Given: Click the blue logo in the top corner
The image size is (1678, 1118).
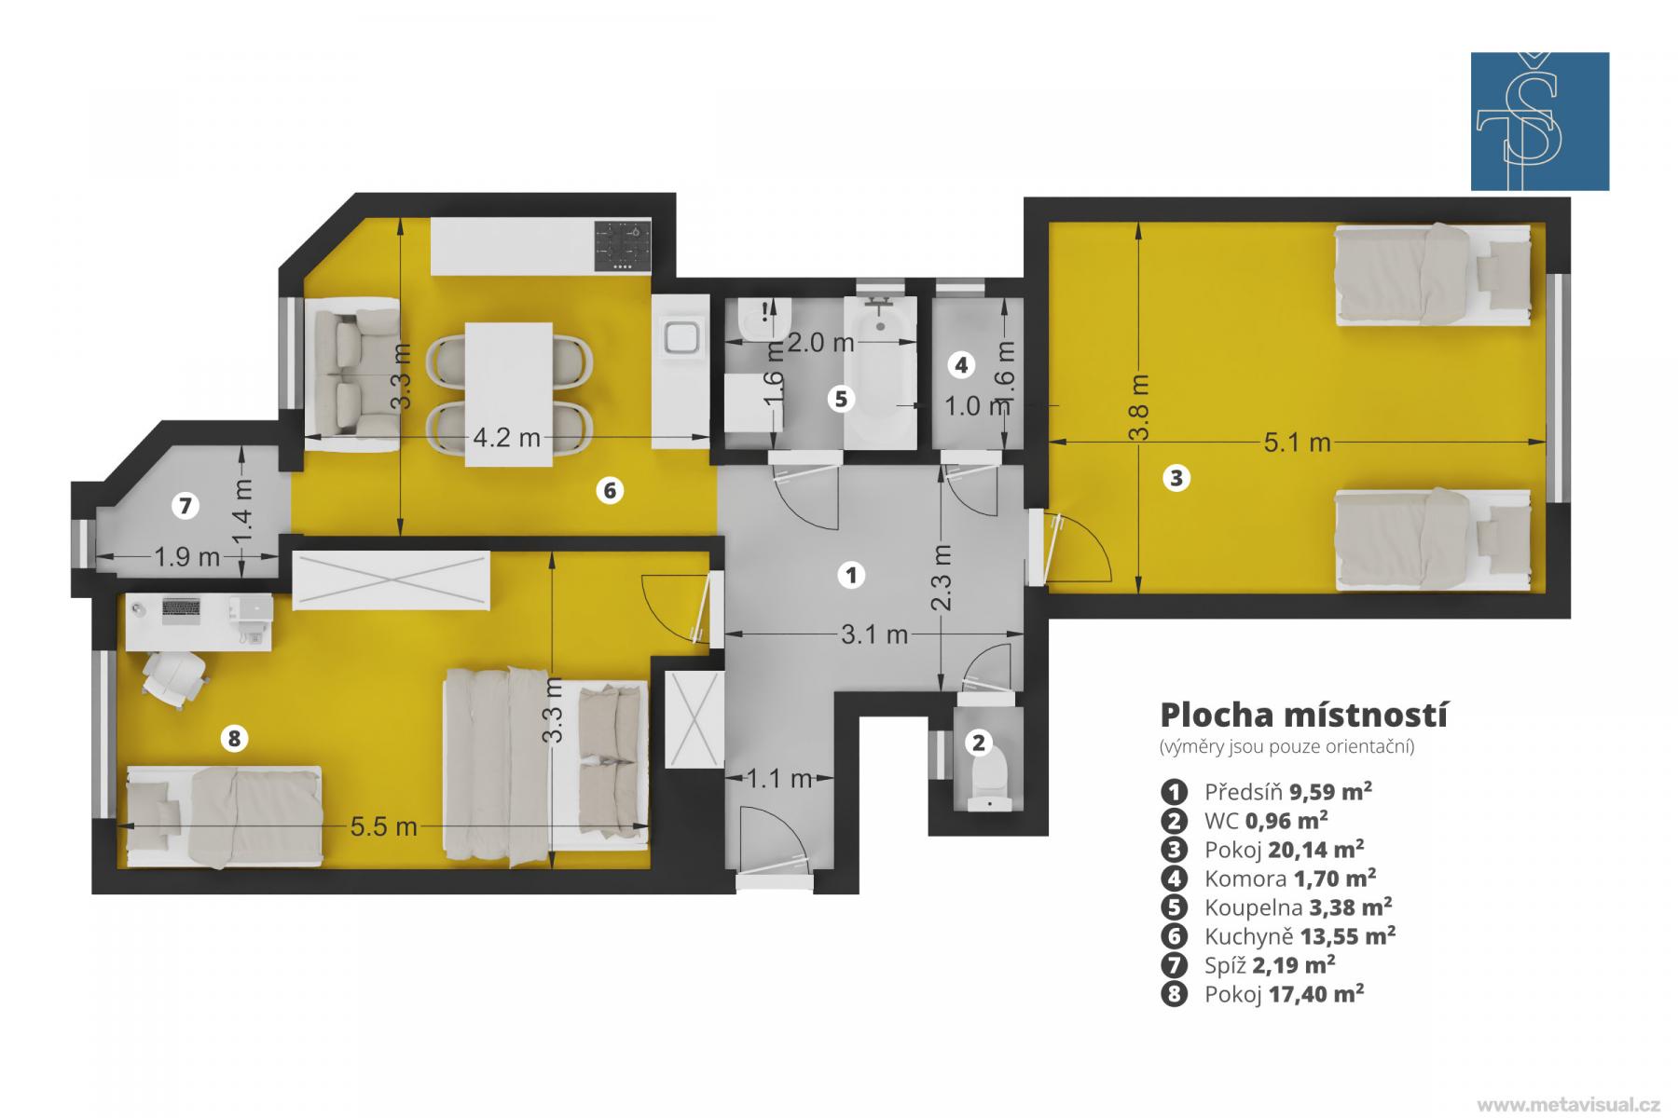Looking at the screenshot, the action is [x=1540, y=121].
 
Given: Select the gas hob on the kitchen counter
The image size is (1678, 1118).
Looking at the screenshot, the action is [x=622, y=246].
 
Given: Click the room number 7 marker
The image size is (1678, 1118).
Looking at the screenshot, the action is [x=186, y=506].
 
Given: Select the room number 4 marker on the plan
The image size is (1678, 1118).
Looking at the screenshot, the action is [x=961, y=365].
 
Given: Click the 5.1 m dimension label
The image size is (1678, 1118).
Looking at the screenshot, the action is [x=1297, y=443].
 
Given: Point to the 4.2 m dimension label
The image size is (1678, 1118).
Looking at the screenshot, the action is [x=506, y=437].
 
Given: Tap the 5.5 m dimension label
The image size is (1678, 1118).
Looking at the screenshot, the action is [x=383, y=826].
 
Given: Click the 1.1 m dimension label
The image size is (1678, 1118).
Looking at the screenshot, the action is [x=780, y=778].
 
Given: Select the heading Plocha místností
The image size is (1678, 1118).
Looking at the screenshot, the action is [x=1303, y=715].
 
